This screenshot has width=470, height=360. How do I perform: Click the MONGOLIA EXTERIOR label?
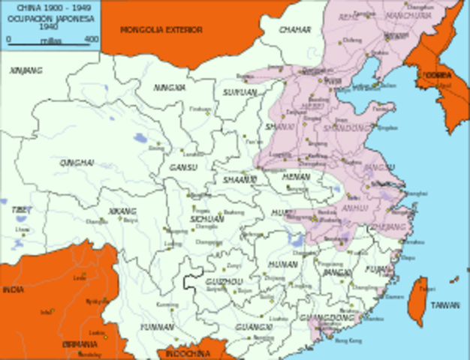click(161, 30)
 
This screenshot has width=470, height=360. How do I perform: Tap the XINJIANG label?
click(26, 70)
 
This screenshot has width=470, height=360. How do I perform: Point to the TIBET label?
click(21, 211)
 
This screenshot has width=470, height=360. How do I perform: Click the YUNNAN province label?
click(157, 327)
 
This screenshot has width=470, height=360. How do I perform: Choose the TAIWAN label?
click(444, 305)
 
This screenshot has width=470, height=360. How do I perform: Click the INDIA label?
click(13, 289)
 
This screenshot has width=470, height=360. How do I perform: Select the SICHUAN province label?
click(207, 219)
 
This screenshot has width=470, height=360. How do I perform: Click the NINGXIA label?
click(170, 88)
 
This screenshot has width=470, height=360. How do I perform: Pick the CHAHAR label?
click(294, 30)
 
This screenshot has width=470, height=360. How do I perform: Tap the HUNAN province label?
click(282, 264)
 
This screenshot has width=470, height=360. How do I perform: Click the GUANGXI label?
click(253, 328)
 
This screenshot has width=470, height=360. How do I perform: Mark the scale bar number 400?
click(92, 39)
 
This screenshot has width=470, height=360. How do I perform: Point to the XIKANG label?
click(122, 211)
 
